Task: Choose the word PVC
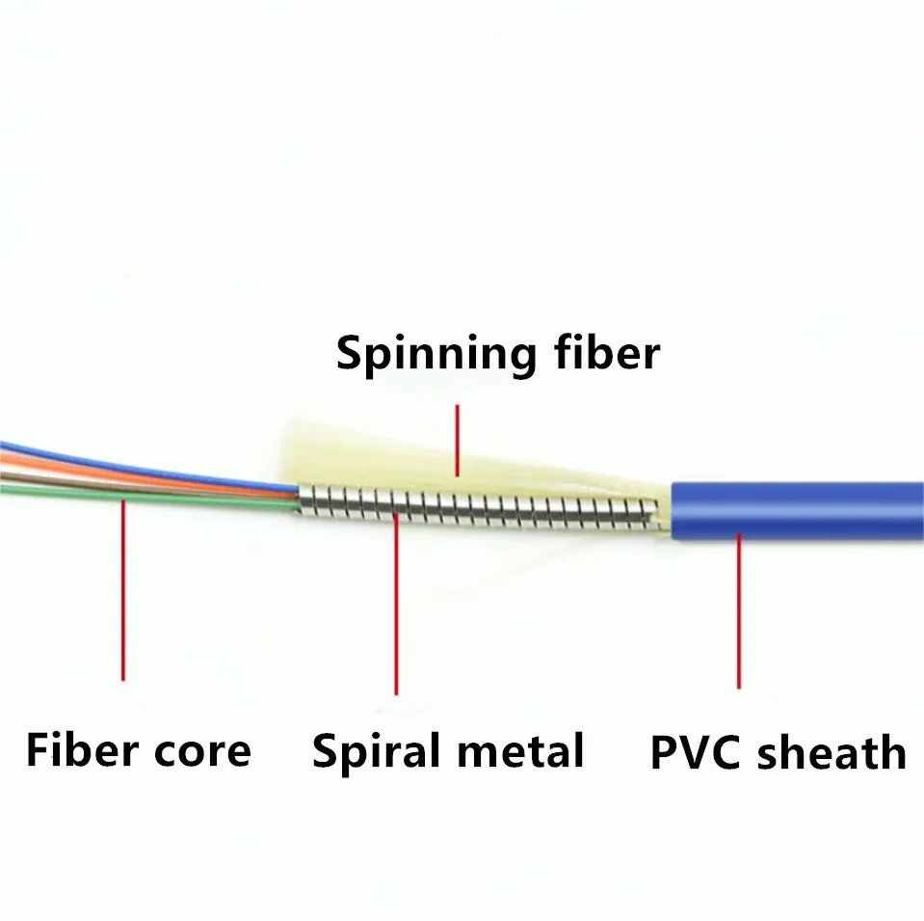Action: [x=697, y=752]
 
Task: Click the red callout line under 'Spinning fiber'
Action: [x=458, y=439]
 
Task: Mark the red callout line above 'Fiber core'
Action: [x=123, y=588]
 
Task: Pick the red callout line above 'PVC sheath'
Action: [x=739, y=608]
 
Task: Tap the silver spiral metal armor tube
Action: [x=482, y=507]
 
